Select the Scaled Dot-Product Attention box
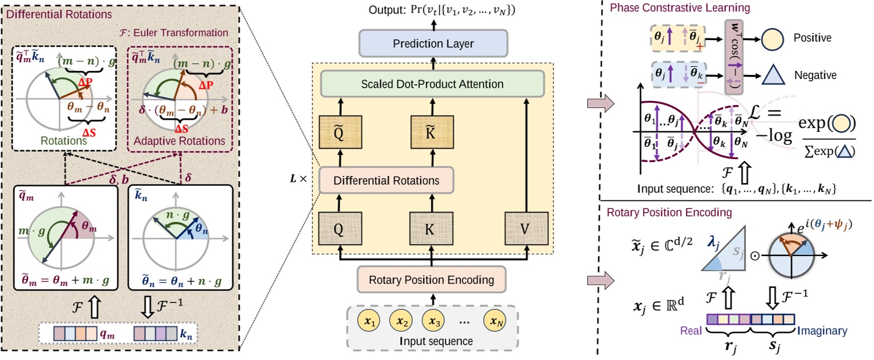click(x=433, y=84)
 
